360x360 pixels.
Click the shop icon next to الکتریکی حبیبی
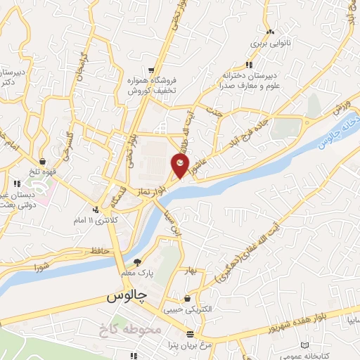pyautogui.click(x=186, y=298)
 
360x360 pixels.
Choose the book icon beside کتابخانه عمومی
pyautogui.click(x=304, y=345)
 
